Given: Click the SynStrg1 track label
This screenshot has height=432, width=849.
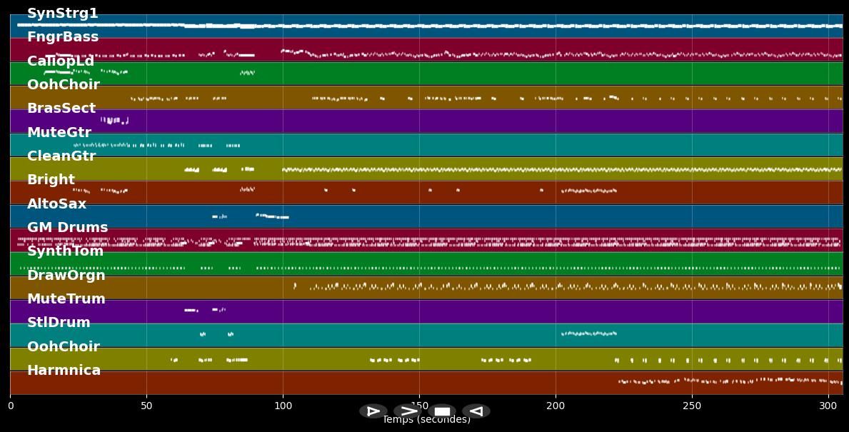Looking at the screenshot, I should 63,14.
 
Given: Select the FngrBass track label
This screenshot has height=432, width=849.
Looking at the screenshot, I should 63,37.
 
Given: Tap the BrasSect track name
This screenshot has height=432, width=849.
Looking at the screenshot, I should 61,109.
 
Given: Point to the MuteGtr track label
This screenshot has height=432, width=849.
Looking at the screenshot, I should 59,132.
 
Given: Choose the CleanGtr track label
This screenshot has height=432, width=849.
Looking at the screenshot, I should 61,156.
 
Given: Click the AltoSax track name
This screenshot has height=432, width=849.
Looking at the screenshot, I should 56,204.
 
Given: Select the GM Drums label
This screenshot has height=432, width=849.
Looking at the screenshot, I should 68,227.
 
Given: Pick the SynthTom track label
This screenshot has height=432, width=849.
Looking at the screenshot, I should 65,251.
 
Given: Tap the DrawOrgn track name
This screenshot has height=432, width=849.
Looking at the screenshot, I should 66,275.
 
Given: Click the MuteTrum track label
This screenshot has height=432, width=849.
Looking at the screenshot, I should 66,298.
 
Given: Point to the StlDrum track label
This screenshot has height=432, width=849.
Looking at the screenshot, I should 59,323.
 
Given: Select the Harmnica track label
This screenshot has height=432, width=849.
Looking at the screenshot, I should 64,370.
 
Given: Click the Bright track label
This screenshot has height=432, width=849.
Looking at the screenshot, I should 51,180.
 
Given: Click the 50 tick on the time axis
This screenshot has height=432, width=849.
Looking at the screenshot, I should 146,406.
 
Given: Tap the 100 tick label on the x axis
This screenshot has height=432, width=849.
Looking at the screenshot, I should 283,406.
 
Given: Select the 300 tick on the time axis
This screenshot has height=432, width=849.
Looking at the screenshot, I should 828,406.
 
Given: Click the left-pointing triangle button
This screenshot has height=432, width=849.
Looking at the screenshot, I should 476,411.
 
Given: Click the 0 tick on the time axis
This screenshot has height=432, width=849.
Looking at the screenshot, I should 10,406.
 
